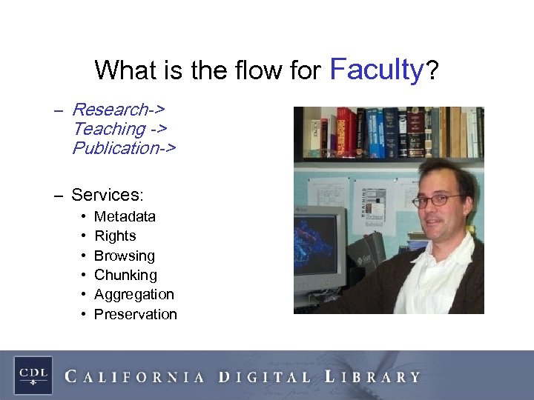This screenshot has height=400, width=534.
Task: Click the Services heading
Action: point(106,196)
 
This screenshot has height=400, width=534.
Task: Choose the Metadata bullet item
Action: point(125,216)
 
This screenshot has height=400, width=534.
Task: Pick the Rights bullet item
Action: point(115,236)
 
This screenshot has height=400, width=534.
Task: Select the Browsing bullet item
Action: point(124,256)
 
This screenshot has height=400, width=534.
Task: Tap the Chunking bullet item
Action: point(125,275)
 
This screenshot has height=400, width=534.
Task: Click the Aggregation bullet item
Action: point(133,294)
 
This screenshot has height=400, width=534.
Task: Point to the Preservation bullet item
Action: point(135,314)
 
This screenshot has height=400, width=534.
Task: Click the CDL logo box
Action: point(33,375)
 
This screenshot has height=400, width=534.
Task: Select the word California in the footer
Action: point(134,376)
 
